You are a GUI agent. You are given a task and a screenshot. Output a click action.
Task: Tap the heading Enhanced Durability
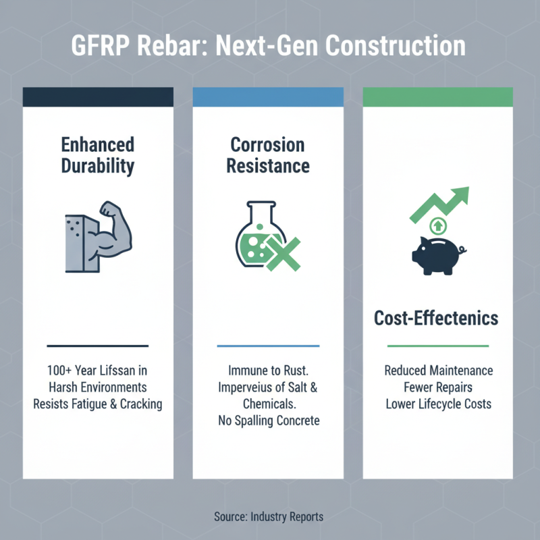[98, 155]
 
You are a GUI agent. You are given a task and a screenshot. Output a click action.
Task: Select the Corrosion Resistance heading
[268, 155]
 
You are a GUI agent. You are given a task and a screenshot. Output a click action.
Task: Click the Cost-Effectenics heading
[437, 317]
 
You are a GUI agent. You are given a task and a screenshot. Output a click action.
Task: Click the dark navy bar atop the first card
[98, 97]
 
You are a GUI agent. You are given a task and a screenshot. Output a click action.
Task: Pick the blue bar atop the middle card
[268, 97]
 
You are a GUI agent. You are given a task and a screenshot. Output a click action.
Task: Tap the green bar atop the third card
[437, 97]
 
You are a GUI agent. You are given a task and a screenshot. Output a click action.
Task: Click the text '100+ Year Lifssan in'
[98, 371]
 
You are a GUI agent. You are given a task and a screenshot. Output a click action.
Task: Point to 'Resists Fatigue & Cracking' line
[98, 404]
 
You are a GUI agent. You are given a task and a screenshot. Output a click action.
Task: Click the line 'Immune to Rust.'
[268, 371]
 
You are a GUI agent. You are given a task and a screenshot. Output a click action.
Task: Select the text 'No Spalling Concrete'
[268, 421]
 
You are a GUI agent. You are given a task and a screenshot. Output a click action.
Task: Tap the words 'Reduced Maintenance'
[438, 371]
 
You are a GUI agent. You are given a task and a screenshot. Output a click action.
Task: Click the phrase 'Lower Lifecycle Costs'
[438, 404]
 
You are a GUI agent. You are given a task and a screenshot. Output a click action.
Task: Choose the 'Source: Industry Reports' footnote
[269, 516]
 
